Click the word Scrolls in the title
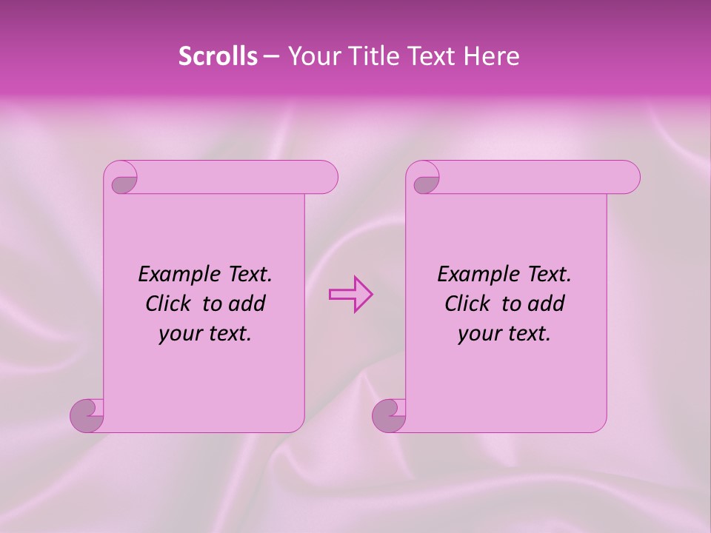coord(218,56)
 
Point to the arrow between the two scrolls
coord(350,295)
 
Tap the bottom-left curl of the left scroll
coord(89,415)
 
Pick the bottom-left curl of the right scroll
coord(390,415)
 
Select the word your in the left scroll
coord(180,334)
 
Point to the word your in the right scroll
coord(479,334)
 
